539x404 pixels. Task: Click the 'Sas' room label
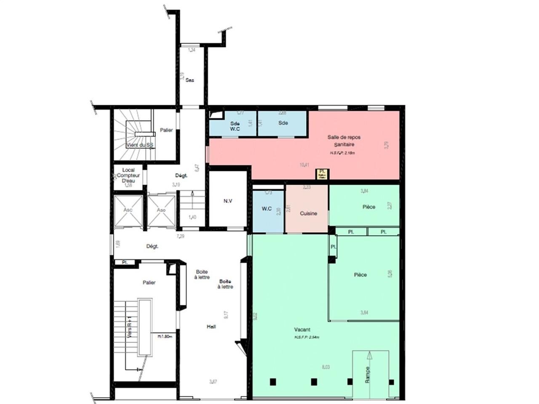pyautogui.click(x=190, y=80)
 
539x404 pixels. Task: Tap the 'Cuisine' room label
pyautogui.click(x=308, y=213)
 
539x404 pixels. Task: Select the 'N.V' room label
pyautogui.click(x=227, y=201)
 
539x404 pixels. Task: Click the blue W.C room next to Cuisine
pyautogui.click(x=266, y=209)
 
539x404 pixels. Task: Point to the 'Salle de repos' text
pyautogui.click(x=344, y=137)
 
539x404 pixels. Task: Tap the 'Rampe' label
pyautogui.click(x=367, y=375)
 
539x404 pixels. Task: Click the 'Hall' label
pyautogui.click(x=211, y=326)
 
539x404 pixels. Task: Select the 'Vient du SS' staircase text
pyautogui.click(x=139, y=145)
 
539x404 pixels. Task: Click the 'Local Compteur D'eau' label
pyautogui.click(x=125, y=175)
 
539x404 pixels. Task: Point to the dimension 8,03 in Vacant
pyautogui.click(x=326, y=367)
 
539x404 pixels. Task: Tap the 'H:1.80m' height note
pyautogui.click(x=165, y=337)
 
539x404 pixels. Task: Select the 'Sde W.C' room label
pyautogui.click(x=235, y=126)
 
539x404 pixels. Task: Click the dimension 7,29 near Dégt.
pyautogui.click(x=181, y=236)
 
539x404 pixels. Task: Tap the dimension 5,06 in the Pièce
pyautogui.click(x=390, y=273)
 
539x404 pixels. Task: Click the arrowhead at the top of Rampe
pyautogui.click(x=370, y=356)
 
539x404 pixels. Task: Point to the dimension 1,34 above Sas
pyautogui.click(x=192, y=50)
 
